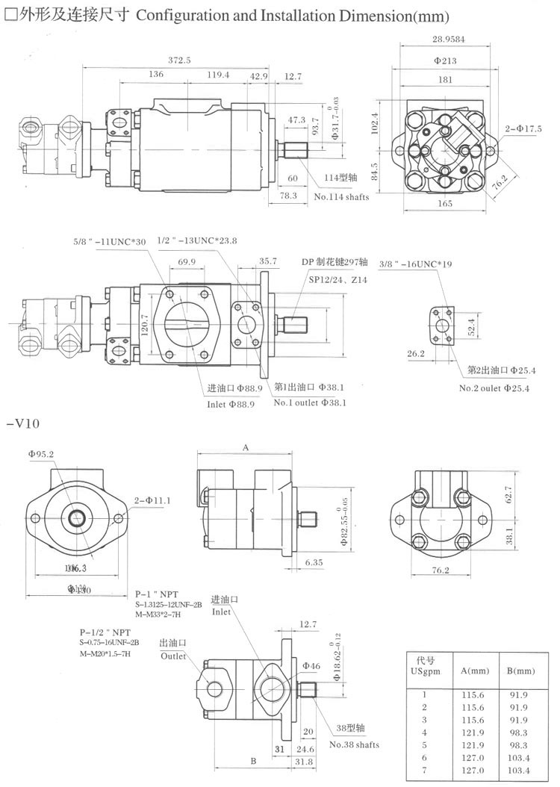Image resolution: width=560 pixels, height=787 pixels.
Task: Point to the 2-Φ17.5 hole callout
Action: click(x=523, y=128)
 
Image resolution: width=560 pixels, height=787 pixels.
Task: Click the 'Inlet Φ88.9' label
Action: click(x=231, y=404)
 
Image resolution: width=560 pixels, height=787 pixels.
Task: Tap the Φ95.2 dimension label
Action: click(x=42, y=453)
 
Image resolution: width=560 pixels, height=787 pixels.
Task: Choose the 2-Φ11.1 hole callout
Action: click(x=152, y=500)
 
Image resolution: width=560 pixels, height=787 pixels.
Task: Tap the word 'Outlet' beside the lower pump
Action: click(x=173, y=656)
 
